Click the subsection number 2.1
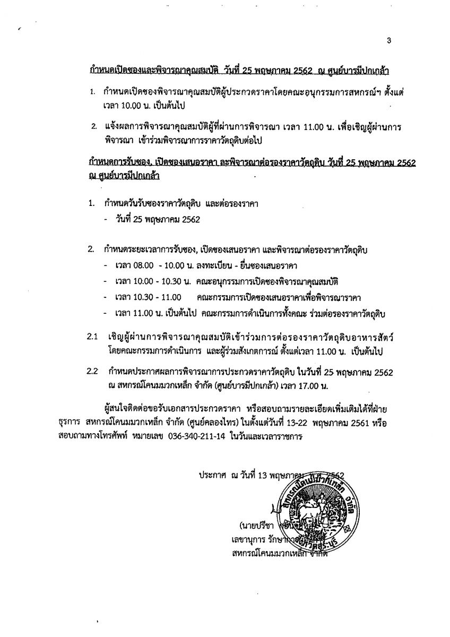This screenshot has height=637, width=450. click(x=93, y=338)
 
